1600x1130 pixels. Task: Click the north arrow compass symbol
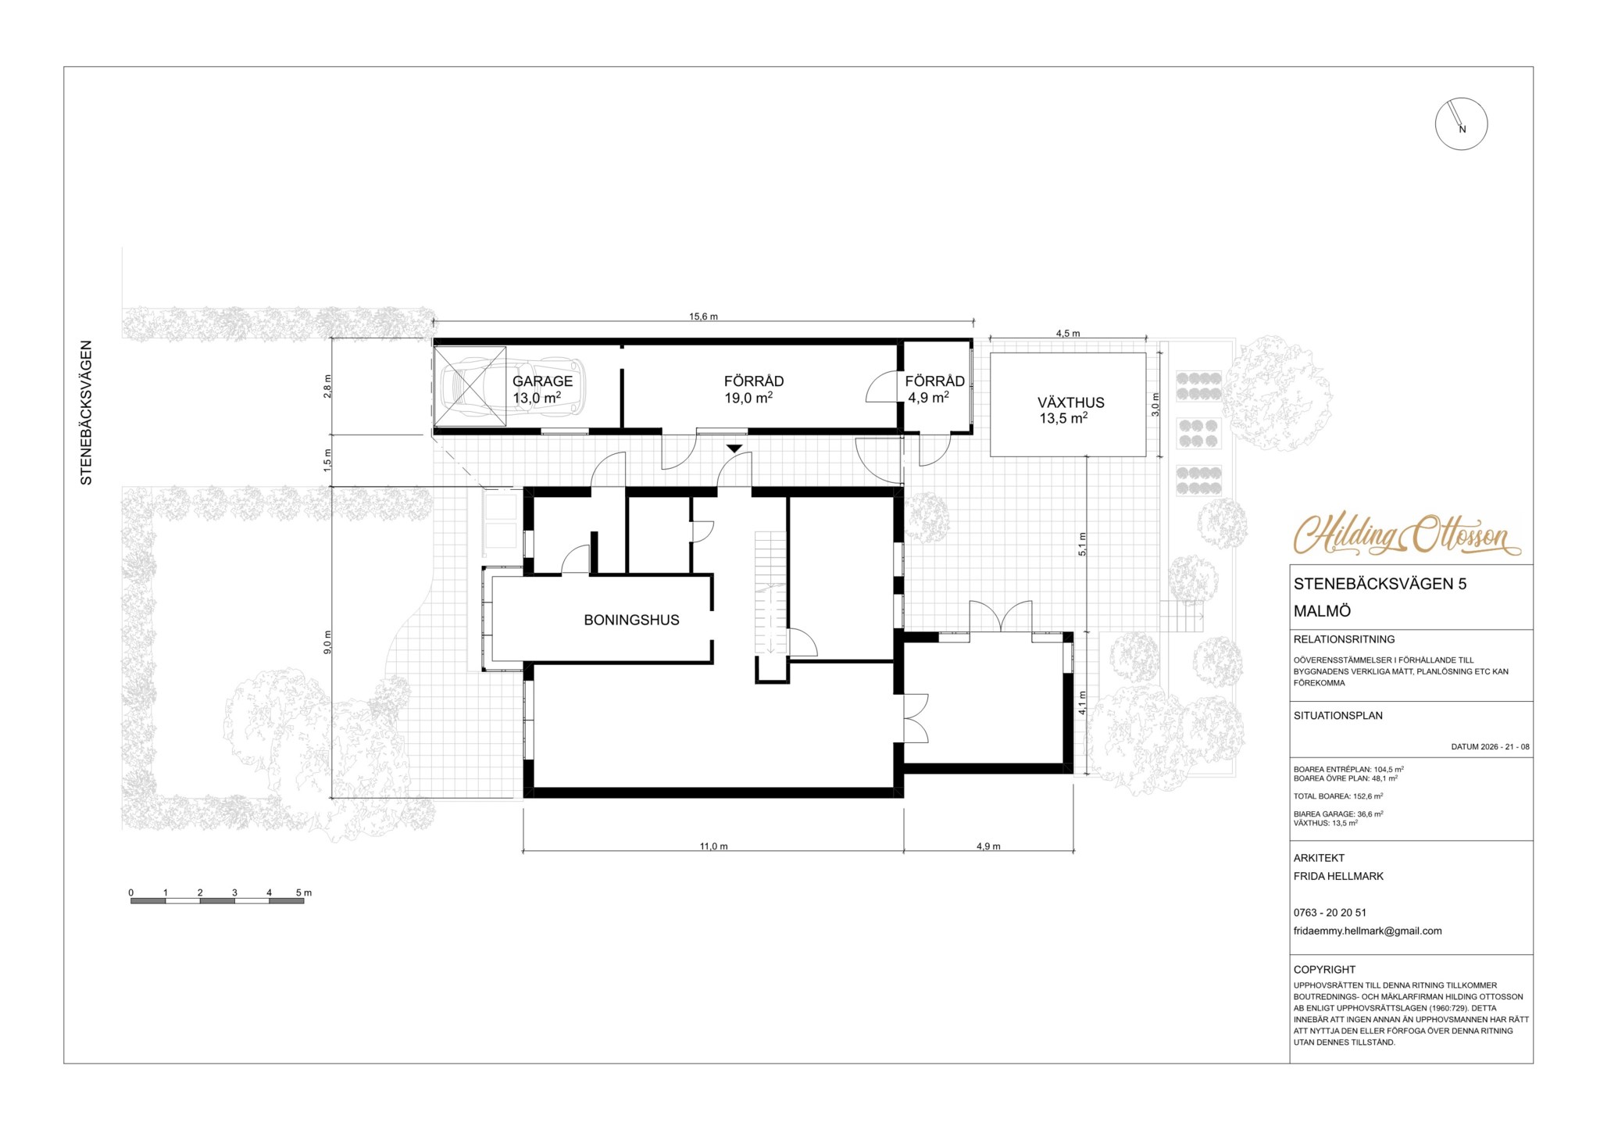pos(1461,124)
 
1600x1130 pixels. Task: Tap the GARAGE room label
pos(542,381)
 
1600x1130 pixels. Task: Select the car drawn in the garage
pos(512,388)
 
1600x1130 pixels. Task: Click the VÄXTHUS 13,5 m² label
pos(1070,410)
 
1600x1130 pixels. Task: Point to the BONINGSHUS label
pos(631,620)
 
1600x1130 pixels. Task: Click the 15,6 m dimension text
pos(703,316)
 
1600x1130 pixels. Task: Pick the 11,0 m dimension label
pos(713,846)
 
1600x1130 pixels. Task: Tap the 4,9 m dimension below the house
pos(988,846)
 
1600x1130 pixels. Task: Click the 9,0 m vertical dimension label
pos(327,642)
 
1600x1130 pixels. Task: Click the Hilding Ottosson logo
pos(1407,535)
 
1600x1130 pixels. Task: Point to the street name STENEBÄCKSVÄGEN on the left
pos(86,412)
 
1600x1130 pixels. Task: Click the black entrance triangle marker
pos(734,449)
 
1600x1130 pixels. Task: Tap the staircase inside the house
pos(770,592)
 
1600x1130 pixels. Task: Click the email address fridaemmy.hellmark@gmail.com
pos(1367,931)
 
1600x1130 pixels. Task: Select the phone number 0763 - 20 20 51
pos(1330,912)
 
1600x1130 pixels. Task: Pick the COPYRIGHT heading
pos(1324,969)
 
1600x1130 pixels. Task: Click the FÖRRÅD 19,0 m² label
pos(753,389)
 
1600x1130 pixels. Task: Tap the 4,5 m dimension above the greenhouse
pos(1067,333)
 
